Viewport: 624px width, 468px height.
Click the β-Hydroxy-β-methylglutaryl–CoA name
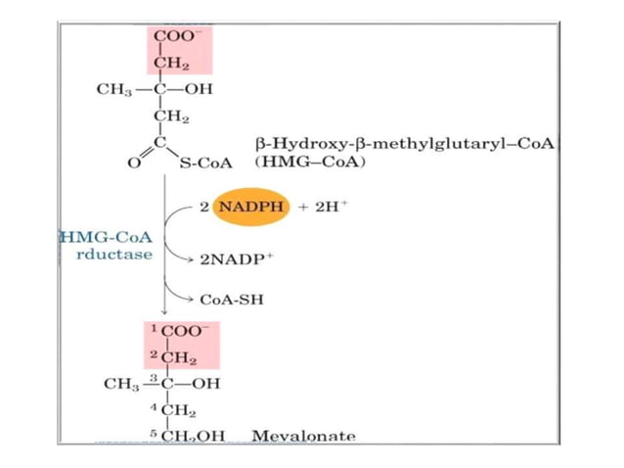coord(404,143)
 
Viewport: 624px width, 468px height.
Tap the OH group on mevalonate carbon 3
coord(206,383)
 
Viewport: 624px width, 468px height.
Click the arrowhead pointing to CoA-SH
coord(192,300)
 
